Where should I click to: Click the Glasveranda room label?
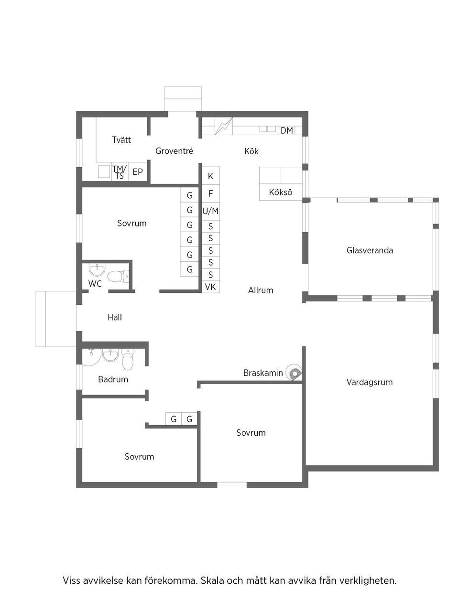[x=370, y=250]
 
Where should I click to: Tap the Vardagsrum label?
[x=370, y=382]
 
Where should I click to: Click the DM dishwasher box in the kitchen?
[x=287, y=130]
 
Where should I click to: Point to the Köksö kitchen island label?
[x=281, y=192]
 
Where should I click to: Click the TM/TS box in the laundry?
[x=119, y=172]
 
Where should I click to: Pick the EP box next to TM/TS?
[x=138, y=172]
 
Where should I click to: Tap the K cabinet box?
[x=210, y=176]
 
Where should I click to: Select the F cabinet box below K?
[x=210, y=194]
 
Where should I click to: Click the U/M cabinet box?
[x=210, y=211]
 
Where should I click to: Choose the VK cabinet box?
[x=210, y=287]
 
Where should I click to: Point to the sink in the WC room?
[x=97, y=270]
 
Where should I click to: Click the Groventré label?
[x=175, y=151]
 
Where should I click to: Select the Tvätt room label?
[x=121, y=140]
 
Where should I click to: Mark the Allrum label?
[x=261, y=290]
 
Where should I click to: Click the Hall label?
[x=115, y=317]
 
